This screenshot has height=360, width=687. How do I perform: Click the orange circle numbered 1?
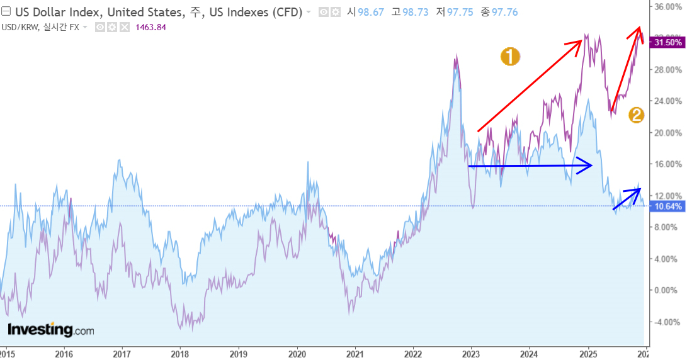click(509, 57)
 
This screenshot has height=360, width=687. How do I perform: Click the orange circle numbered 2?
click(637, 115)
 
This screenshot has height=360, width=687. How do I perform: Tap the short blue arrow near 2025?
click(627, 198)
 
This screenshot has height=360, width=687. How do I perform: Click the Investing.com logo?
click(50, 329)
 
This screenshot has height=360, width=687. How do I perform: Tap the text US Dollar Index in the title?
click(54, 12)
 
